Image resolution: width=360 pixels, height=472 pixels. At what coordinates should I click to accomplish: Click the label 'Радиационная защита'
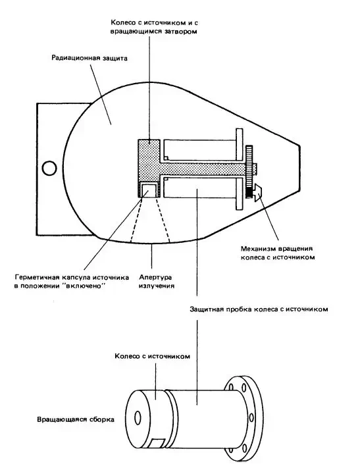pyautogui.click(x=90, y=57)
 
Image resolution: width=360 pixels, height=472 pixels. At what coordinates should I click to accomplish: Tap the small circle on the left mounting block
pyautogui.click(x=49, y=169)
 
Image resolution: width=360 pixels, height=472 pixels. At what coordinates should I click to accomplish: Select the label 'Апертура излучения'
pyautogui.click(x=156, y=281)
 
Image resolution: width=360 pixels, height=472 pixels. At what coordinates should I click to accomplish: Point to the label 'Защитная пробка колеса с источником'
pyautogui.click(x=259, y=309)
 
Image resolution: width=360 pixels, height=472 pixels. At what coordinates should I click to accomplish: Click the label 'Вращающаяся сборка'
pyautogui.click(x=76, y=419)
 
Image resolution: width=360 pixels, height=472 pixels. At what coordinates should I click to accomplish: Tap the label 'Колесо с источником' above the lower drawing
pyautogui.click(x=152, y=356)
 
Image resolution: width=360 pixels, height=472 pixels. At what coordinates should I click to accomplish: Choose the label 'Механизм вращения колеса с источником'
pyautogui.click(x=278, y=253)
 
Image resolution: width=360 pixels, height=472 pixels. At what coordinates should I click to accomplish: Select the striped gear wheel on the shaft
pyautogui.click(x=249, y=172)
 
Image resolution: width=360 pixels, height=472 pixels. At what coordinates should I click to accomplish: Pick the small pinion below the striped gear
pyautogui.click(x=257, y=193)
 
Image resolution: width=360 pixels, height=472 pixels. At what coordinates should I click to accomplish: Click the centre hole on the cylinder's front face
pyautogui.click(x=138, y=417)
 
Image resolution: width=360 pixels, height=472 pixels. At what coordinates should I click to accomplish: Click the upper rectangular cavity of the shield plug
pyautogui.click(x=199, y=150)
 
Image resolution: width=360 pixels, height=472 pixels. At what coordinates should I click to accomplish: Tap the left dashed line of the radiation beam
pyautogui.click(x=136, y=219)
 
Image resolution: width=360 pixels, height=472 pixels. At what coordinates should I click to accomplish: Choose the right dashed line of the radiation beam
pyautogui.click(x=163, y=219)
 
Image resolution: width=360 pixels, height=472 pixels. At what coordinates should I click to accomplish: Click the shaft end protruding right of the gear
pyautogui.click(x=255, y=169)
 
